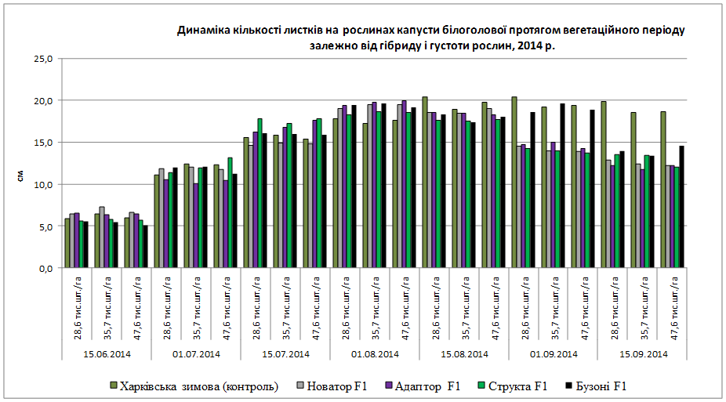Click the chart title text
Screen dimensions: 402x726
pyautogui.click(x=431, y=38)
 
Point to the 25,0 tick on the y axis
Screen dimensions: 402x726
pyautogui.click(x=45, y=59)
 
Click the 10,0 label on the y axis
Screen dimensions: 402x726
pyautogui.click(x=45, y=184)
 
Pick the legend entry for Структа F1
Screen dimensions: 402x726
pyautogui.click(x=513, y=386)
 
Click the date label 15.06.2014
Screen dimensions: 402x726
pyautogui.click(x=107, y=353)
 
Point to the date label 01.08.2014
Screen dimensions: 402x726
pyautogui.click(x=375, y=353)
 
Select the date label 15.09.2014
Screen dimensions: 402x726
pyautogui.click(x=643, y=353)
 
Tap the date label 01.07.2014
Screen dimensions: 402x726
pyautogui.click(x=197, y=353)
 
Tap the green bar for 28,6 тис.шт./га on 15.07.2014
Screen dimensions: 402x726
pyautogui.click(x=260, y=193)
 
